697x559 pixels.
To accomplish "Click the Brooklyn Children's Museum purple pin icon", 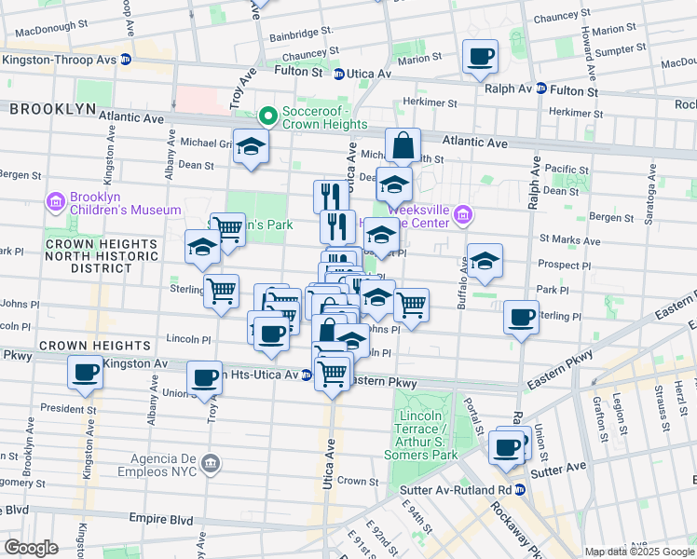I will click(56, 202).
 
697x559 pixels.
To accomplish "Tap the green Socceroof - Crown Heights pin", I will click(267, 116).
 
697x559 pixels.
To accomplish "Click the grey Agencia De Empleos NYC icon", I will click(211, 462).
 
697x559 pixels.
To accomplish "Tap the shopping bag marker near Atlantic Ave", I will click(403, 146).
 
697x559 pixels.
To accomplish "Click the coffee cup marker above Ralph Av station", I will click(481, 57).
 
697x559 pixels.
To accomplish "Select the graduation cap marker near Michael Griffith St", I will click(250, 147).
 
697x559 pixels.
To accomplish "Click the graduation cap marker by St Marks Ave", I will click(484, 264).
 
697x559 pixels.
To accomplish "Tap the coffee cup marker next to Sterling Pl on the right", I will click(521, 317).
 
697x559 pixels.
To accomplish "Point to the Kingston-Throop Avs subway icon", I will click(126, 60).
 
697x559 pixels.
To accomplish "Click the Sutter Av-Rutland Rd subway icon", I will click(521, 489).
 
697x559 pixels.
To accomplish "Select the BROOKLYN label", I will click(53, 109).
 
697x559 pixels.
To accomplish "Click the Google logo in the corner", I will click(31, 548).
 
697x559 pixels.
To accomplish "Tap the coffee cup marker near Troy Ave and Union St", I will click(204, 378).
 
